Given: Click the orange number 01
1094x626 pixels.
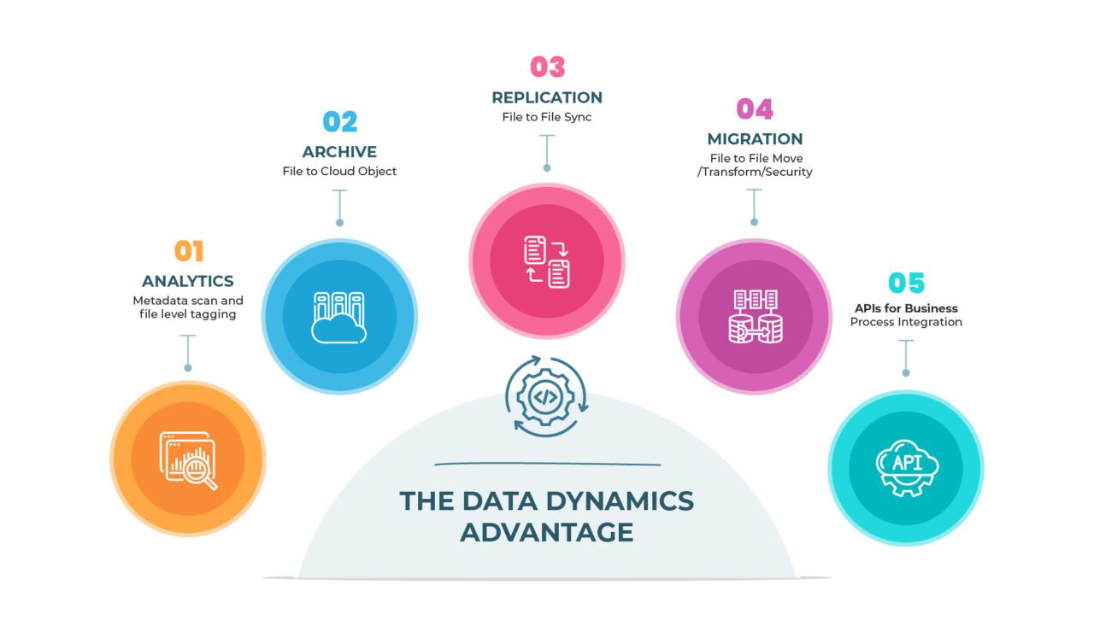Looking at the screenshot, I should (189, 251).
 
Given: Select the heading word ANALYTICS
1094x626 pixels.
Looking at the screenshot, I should (187, 281).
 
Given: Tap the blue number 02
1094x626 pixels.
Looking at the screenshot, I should (339, 122).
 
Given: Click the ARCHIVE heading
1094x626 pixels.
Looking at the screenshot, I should (339, 152).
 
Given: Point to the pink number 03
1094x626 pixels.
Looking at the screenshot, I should (547, 67).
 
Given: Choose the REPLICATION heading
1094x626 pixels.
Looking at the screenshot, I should (547, 97).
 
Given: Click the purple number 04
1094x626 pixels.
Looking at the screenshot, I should (754, 109).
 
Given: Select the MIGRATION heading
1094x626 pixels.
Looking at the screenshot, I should (755, 138).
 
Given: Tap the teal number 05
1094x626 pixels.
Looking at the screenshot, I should (906, 283).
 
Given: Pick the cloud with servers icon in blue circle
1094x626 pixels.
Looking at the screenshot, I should (339, 318).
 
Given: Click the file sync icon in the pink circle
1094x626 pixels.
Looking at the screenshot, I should (547, 261).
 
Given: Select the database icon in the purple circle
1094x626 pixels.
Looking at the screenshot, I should (755, 317).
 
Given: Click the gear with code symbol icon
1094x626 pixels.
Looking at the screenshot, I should (547, 396).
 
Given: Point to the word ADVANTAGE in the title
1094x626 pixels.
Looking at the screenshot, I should (547, 531).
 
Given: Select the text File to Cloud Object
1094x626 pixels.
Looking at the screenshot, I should (339, 172).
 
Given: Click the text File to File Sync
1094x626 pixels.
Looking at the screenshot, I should (547, 117).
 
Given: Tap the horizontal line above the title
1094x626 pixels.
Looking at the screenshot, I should (547, 465).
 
